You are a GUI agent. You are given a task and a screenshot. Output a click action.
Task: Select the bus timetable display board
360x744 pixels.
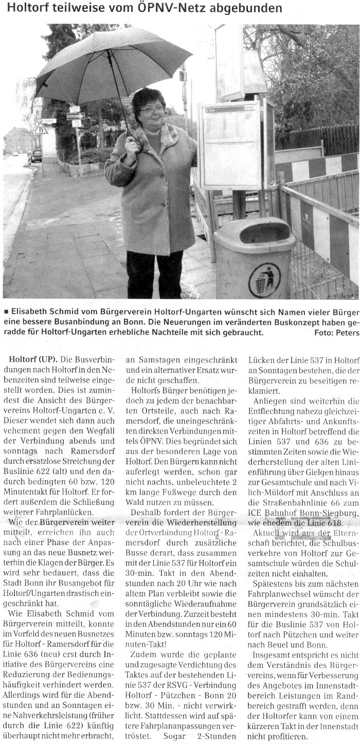(x=230, y=146)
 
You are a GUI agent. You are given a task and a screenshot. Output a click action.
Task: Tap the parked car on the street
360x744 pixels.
(x=36, y=155)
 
